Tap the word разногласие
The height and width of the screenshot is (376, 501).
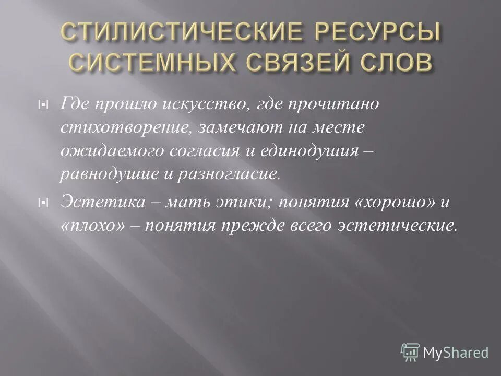tap(225, 173)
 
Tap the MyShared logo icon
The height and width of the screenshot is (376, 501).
tap(411, 351)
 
